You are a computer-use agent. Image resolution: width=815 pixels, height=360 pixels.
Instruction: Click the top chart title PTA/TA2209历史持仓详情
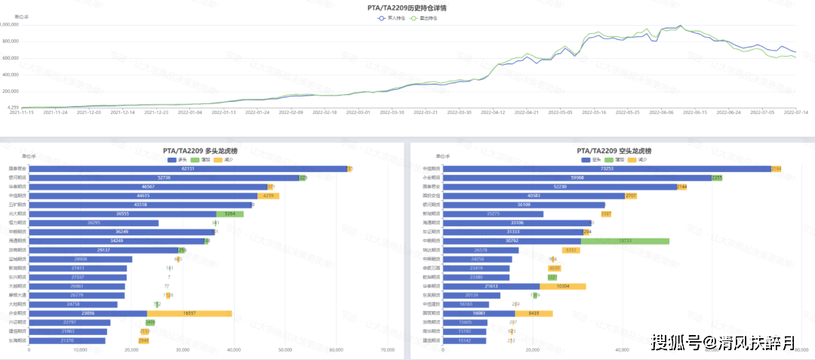(x=407, y=7)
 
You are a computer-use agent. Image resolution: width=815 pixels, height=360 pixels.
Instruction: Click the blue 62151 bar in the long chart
(x=188, y=168)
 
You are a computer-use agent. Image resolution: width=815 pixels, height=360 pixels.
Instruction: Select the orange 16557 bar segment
(x=189, y=313)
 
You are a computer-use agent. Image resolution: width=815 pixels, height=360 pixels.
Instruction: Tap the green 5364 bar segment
(x=230, y=214)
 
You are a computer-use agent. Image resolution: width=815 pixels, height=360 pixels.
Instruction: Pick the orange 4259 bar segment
(x=269, y=195)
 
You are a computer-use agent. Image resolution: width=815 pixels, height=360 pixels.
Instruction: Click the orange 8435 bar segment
(x=534, y=313)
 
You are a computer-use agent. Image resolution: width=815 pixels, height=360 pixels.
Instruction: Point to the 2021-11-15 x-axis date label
(x=21, y=112)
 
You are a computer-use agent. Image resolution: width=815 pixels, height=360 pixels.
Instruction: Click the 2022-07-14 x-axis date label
(x=795, y=112)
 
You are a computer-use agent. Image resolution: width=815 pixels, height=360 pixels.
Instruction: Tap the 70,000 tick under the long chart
(x=388, y=350)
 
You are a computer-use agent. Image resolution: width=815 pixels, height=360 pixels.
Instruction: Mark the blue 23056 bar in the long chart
(x=88, y=313)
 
